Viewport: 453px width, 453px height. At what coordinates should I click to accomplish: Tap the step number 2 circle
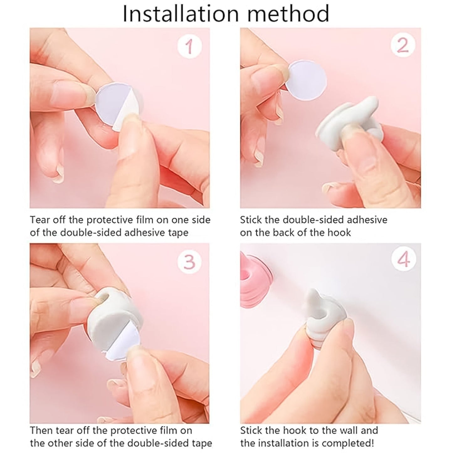403,46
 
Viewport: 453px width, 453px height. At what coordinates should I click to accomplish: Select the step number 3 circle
189,261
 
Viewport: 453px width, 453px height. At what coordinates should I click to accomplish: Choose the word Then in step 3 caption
41,430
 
